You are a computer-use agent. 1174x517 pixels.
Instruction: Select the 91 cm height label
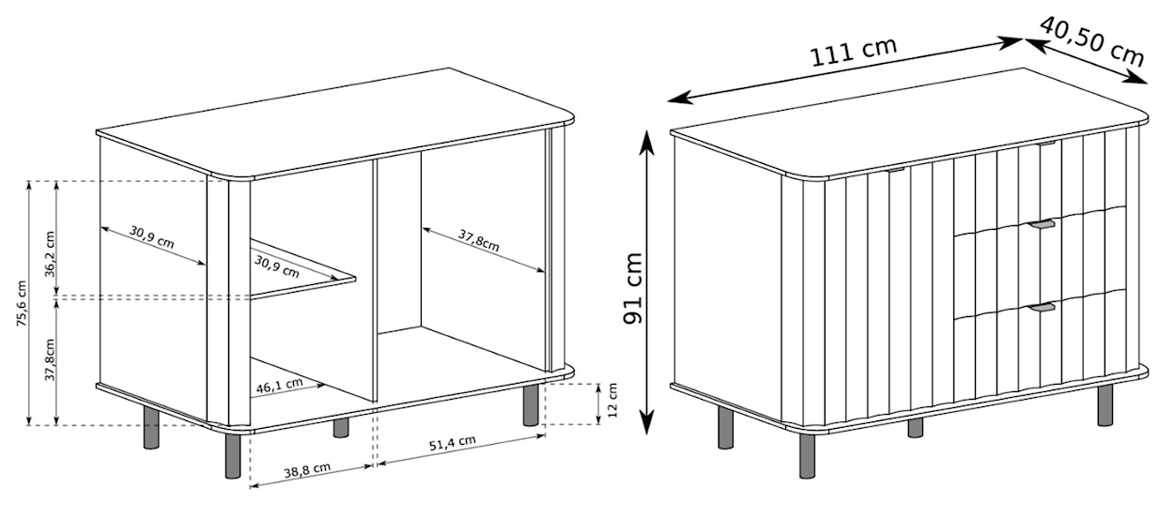pyautogui.click(x=636, y=287)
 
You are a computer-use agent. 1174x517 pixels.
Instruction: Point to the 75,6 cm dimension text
pyautogui.click(x=22, y=302)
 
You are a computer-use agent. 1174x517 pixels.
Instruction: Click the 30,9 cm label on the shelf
pyautogui.click(x=277, y=266)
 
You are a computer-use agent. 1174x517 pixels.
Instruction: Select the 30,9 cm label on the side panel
pyautogui.click(x=151, y=240)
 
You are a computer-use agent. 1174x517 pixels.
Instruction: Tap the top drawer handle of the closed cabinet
pyautogui.click(x=1048, y=144)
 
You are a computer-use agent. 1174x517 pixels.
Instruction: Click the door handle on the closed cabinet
pyautogui.click(x=895, y=170)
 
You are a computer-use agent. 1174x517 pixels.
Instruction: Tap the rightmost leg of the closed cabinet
pyautogui.click(x=1105, y=404)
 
